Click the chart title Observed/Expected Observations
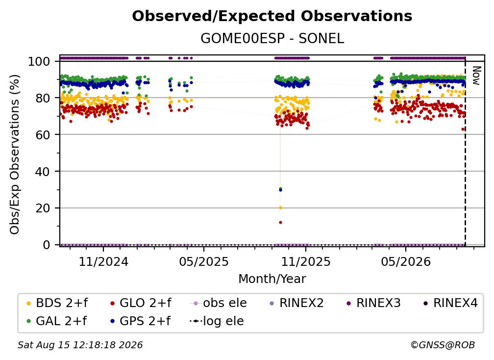(x=272, y=16)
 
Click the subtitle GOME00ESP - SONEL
(x=272, y=39)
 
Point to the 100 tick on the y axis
(x=39, y=61)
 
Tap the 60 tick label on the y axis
(x=43, y=134)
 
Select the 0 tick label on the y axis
(x=46, y=245)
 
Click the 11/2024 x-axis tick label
(x=103, y=261)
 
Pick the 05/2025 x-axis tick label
(x=204, y=261)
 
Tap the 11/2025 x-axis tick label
(x=306, y=261)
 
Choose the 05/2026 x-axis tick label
(x=405, y=261)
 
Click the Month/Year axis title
(x=272, y=279)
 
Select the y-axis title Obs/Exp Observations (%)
(x=15, y=154)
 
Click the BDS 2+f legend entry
(x=57, y=303)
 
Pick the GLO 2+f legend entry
(x=141, y=303)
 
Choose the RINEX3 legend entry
(x=373, y=303)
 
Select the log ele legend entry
(x=217, y=321)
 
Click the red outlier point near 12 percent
(x=280, y=222)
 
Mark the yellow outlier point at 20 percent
(x=280, y=208)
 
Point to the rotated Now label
(x=476, y=76)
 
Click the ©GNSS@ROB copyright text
(x=443, y=345)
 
